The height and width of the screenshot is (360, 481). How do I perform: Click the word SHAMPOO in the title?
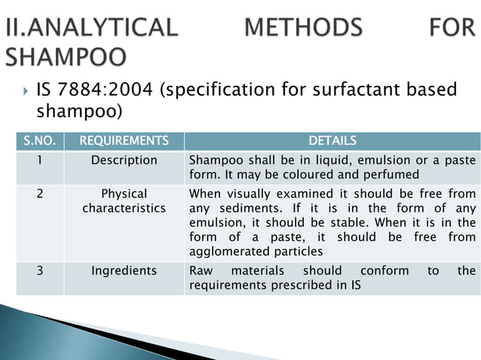[66, 57]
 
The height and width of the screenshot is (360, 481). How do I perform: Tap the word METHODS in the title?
[304, 29]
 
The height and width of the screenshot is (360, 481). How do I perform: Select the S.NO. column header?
[38, 141]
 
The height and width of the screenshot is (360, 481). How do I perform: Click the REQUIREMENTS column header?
[124, 141]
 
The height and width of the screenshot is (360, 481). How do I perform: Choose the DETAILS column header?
[332, 141]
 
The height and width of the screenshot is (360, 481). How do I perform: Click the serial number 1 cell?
[38, 160]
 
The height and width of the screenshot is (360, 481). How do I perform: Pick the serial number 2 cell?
[38, 194]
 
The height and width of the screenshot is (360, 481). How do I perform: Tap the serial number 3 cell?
[38, 270]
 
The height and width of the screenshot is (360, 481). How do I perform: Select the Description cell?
[124, 160]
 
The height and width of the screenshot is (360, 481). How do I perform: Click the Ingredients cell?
[124, 270]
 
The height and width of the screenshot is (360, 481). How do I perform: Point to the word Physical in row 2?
[124, 194]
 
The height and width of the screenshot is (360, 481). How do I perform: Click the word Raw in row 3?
[201, 270]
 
